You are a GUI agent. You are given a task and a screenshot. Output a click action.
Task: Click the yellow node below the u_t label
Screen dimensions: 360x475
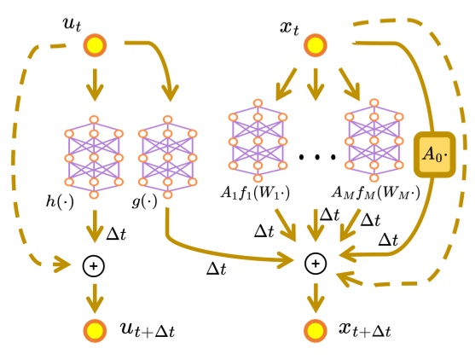pos(94,44)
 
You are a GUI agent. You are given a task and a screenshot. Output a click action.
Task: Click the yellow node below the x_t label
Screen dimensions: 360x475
pos(315,44)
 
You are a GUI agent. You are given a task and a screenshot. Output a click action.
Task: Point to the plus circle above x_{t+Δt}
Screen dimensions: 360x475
pos(315,265)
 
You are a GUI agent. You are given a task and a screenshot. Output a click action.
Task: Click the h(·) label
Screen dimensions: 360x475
pos(60,202)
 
